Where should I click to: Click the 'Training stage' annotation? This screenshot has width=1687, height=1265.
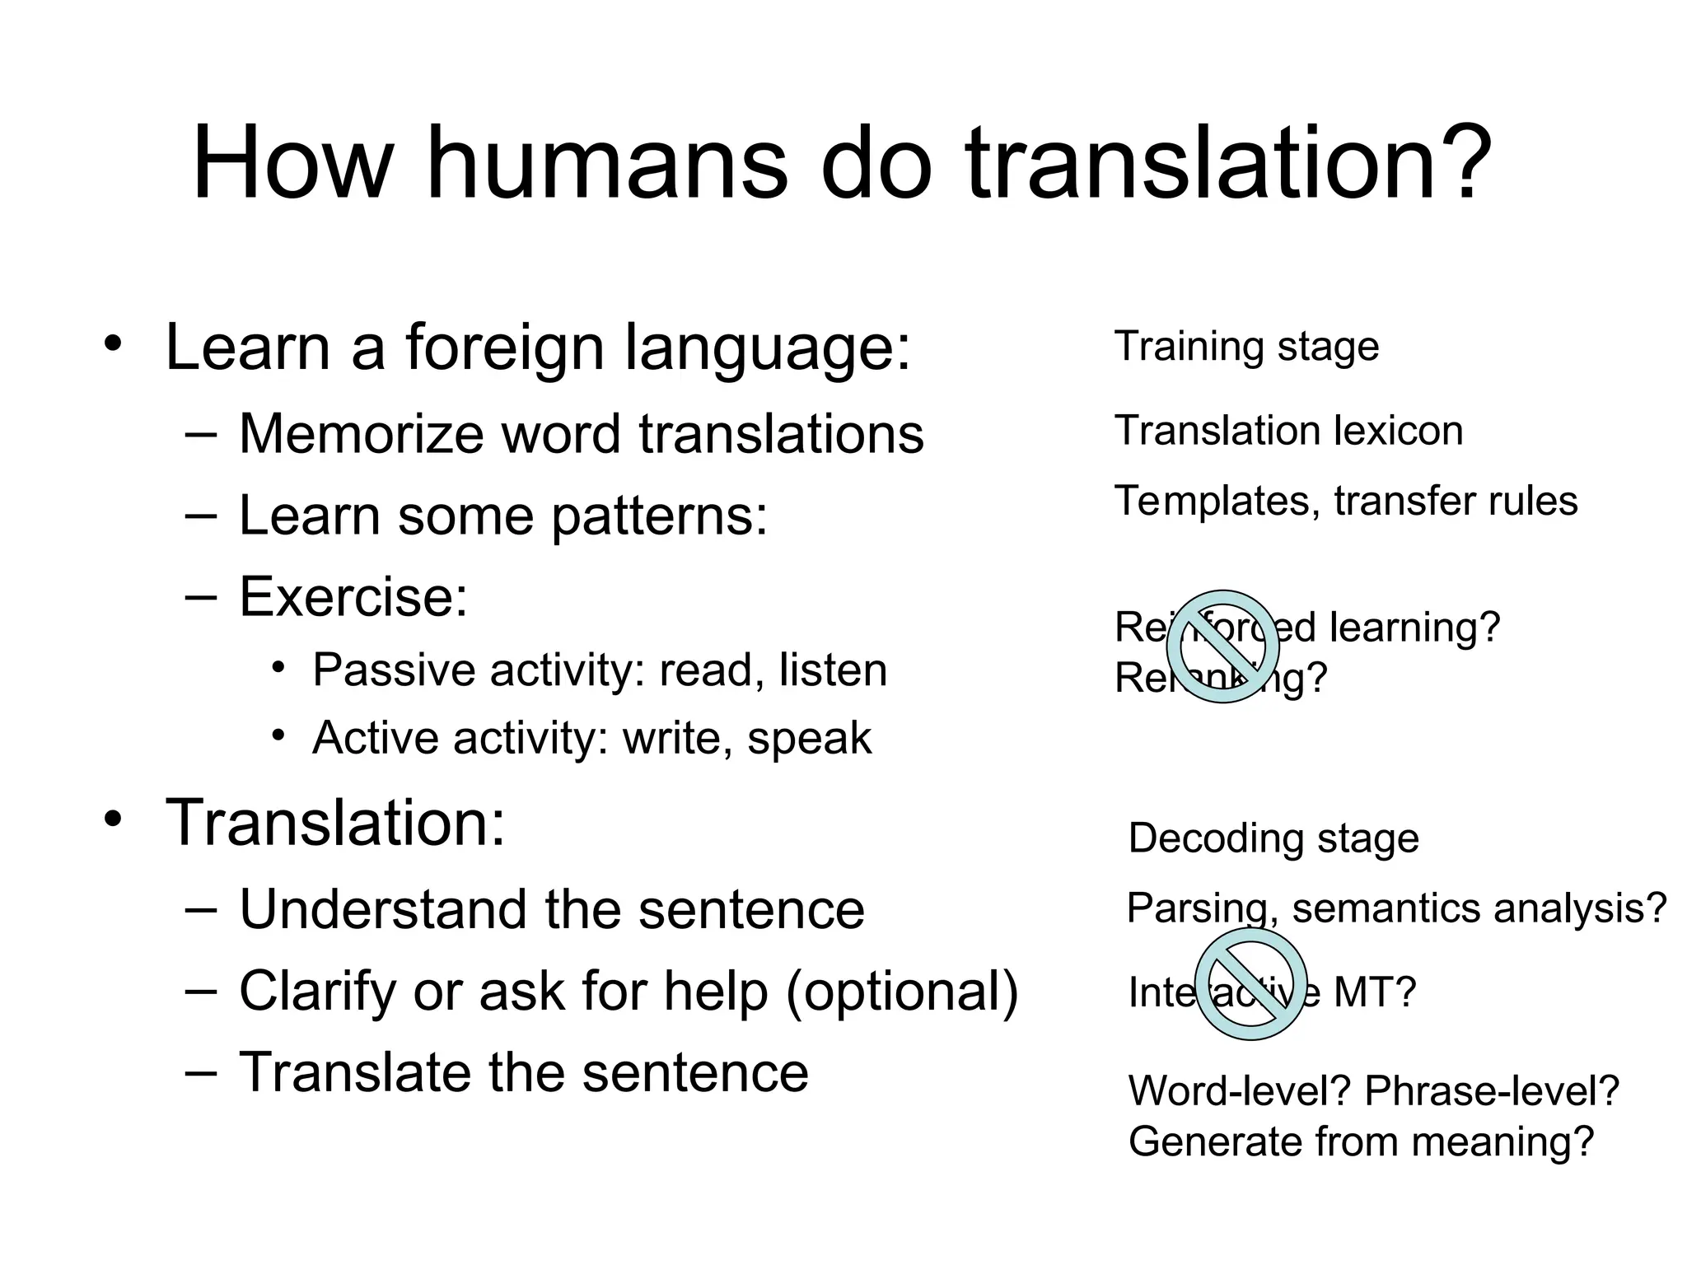click(1246, 346)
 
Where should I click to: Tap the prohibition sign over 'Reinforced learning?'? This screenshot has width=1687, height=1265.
click(1222, 647)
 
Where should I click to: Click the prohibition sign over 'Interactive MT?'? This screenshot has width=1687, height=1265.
click(1250, 983)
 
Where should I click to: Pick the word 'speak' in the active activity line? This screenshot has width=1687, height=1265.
click(809, 737)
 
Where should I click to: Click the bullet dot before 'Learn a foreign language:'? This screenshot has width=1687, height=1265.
click(113, 344)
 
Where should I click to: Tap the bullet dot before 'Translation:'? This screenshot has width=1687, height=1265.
click(113, 819)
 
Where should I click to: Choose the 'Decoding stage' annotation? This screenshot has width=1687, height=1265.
click(1273, 838)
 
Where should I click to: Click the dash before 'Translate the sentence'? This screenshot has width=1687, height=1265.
click(202, 1073)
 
